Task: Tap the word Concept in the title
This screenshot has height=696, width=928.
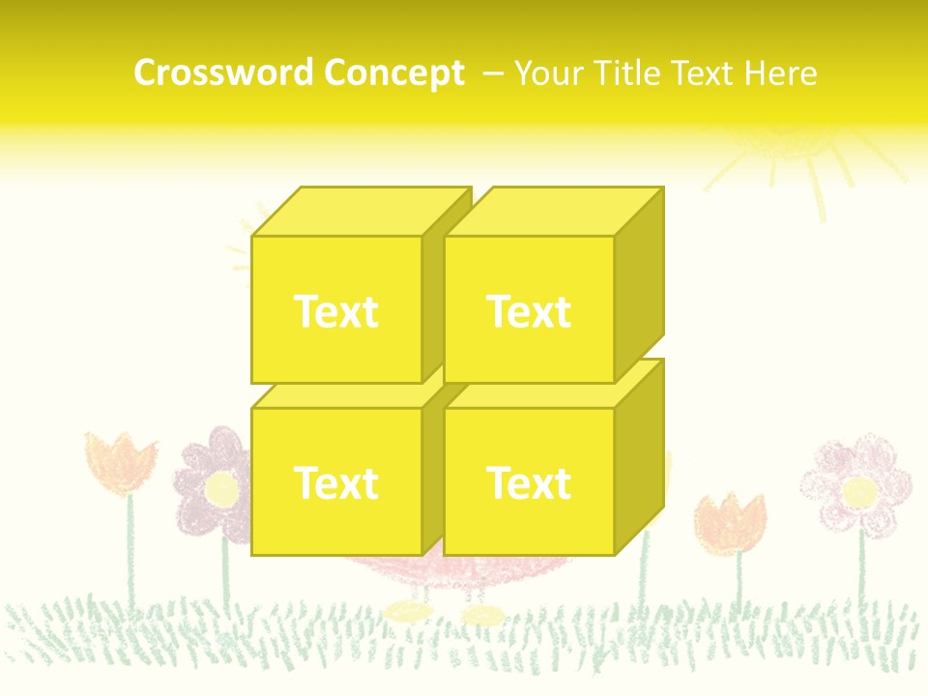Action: pos(393,73)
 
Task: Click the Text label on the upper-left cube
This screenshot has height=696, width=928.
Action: pos(335,311)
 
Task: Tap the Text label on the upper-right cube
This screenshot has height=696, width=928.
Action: pos(529,311)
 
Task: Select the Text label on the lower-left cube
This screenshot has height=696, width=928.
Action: pos(335,482)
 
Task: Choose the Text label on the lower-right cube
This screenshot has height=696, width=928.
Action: pos(529,482)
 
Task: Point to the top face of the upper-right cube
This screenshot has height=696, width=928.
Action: pos(553,212)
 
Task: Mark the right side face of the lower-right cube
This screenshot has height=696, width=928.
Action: pos(640,454)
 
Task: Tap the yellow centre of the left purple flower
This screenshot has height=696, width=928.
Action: pos(221,488)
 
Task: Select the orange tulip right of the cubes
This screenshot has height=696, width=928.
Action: pos(731,522)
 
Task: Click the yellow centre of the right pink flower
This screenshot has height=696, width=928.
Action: pos(859,492)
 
